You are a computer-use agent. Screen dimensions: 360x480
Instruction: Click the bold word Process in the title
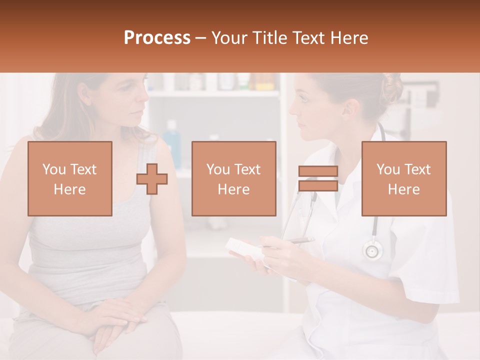[x=157, y=38]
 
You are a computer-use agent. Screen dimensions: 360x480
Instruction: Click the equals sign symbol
[x=318, y=178]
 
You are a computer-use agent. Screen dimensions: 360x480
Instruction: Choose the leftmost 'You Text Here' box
[x=69, y=178]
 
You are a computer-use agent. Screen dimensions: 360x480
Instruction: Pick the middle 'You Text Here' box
[x=233, y=178]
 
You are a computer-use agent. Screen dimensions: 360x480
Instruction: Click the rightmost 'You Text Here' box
[x=403, y=178]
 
